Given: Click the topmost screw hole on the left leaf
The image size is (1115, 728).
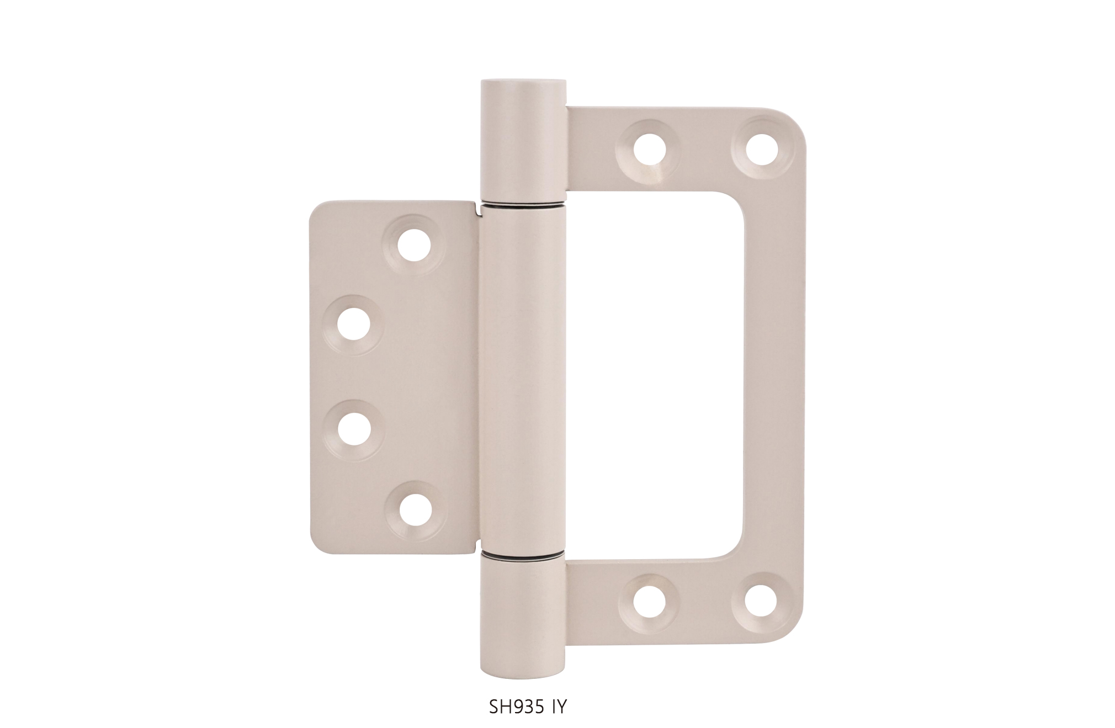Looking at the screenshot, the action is (414, 245).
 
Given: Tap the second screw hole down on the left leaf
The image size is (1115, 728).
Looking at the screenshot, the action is (354, 324).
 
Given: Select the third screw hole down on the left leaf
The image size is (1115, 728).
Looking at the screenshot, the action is (354, 430).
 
